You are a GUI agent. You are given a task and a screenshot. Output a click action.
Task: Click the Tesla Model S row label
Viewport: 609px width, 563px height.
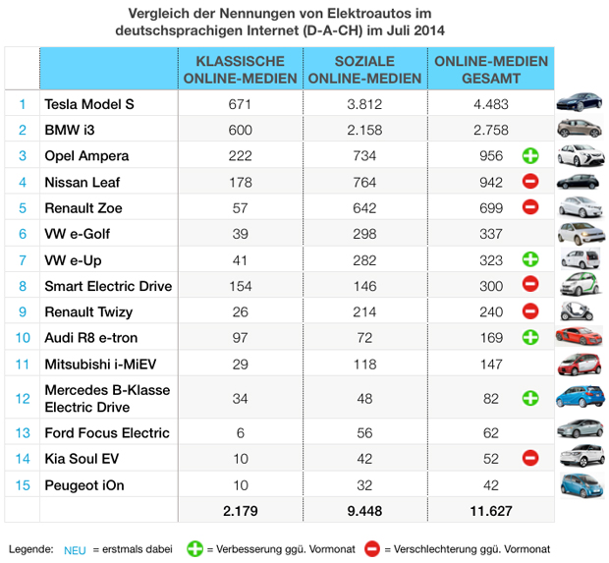click(89, 104)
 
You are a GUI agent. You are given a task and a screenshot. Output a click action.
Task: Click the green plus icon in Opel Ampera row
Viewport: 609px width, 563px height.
click(529, 155)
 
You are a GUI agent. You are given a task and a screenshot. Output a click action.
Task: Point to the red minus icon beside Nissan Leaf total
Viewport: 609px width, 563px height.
click(529, 181)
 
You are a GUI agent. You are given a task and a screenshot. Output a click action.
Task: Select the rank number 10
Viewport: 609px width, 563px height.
click(22, 337)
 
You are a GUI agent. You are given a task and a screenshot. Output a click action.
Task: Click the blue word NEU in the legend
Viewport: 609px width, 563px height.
click(75, 549)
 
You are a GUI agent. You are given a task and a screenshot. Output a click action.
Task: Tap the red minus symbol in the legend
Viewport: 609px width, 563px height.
click(371, 548)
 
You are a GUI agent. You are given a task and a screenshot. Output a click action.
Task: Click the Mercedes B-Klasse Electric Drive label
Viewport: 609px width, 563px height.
click(107, 398)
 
